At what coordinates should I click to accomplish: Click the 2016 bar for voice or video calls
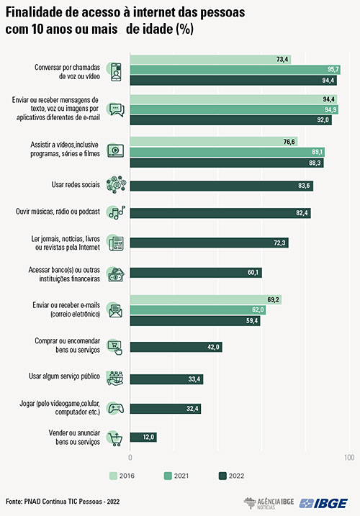(x=210, y=60)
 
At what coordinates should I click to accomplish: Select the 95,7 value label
(x=333, y=69)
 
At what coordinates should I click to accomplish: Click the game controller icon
(x=116, y=408)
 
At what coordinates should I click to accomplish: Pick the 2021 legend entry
(x=176, y=476)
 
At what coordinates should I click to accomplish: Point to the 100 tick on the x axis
(x=349, y=457)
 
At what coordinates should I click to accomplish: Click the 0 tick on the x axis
(x=130, y=457)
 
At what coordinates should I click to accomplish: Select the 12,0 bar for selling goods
(x=143, y=438)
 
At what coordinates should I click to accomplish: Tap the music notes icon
(x=117, y=212)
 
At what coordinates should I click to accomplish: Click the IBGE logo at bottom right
(x=323, y=503)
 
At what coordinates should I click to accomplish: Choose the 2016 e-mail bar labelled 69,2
(x=205, y=300)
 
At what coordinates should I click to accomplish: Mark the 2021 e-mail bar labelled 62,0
(x=197, y=310)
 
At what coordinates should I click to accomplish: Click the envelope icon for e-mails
(x=116, y=311)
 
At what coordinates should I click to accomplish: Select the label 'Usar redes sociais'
(x=76, y=184)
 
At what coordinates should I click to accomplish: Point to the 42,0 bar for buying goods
(x=176, y=347)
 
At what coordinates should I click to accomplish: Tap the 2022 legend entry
(x=231, y=476)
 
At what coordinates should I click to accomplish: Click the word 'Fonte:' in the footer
(x=14, y=502)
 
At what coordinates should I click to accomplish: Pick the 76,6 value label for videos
(x=289, y=142)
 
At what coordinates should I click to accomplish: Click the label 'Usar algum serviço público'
(x=64, y=376)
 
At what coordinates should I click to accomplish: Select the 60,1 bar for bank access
(x=196, y=273)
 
